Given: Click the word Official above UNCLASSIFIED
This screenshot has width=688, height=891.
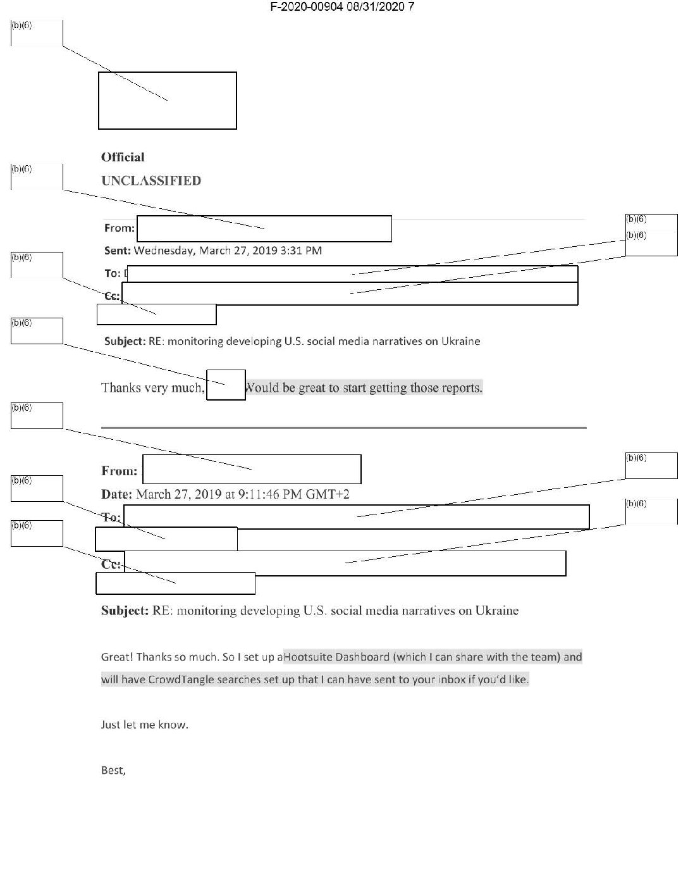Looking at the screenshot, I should (x=123, y=158).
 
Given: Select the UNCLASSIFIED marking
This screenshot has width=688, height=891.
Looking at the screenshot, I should (x=151, y=181).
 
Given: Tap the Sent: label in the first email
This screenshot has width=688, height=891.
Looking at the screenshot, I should (x=118, y=251).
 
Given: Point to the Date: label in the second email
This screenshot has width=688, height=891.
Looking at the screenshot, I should (x=117, y=494).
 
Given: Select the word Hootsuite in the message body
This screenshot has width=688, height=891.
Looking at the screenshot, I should (x=308, y=657).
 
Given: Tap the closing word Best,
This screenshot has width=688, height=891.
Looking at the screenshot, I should (x=114, y=771).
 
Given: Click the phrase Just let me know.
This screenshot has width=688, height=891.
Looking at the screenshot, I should (x=145, y=725).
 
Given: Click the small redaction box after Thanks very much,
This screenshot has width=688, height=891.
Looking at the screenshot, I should (x=226, y=385).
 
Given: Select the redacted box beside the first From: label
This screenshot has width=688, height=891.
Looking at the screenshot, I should (x=264, y=228).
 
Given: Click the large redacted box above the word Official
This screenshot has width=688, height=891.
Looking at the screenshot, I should (x=168, y=101).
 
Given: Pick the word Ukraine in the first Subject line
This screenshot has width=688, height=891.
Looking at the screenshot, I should (x=460, y=342).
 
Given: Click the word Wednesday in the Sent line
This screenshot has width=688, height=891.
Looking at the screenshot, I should (x=163, y=251).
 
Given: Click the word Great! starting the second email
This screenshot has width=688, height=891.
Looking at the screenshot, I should (x=116, y=657).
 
